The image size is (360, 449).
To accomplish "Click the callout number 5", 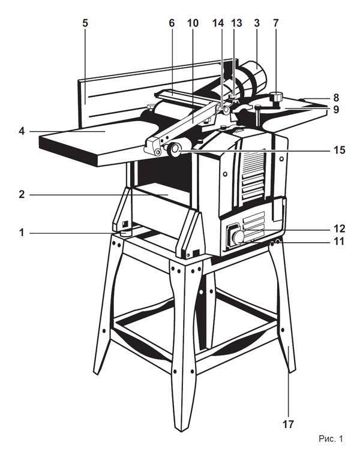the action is pos(85,23).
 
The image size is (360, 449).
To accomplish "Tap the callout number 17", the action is pos(289,424).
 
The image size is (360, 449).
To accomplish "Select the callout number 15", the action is pos(339,150).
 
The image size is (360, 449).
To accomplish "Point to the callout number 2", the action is pos(22,195).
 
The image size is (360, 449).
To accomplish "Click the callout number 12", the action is pos(339,229).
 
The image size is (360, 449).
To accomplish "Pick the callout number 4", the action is pos(22,131).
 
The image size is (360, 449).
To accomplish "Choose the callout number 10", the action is pos(193,23).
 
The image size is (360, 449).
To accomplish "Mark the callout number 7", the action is pos(276,23).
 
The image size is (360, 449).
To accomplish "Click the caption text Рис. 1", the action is pos(331,438).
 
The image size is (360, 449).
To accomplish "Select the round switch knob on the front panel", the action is pos(238,237).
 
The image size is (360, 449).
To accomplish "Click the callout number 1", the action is pos(22,233).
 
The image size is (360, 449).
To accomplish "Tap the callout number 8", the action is pos(336,98).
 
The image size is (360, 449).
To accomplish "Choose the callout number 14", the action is pos(218,23).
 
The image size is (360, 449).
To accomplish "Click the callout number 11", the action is pos(339,242).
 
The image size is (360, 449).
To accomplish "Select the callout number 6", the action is pos(172,23).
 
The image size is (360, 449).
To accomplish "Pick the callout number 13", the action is pos(237,23).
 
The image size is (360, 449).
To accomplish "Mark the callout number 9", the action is pos(336,109).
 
